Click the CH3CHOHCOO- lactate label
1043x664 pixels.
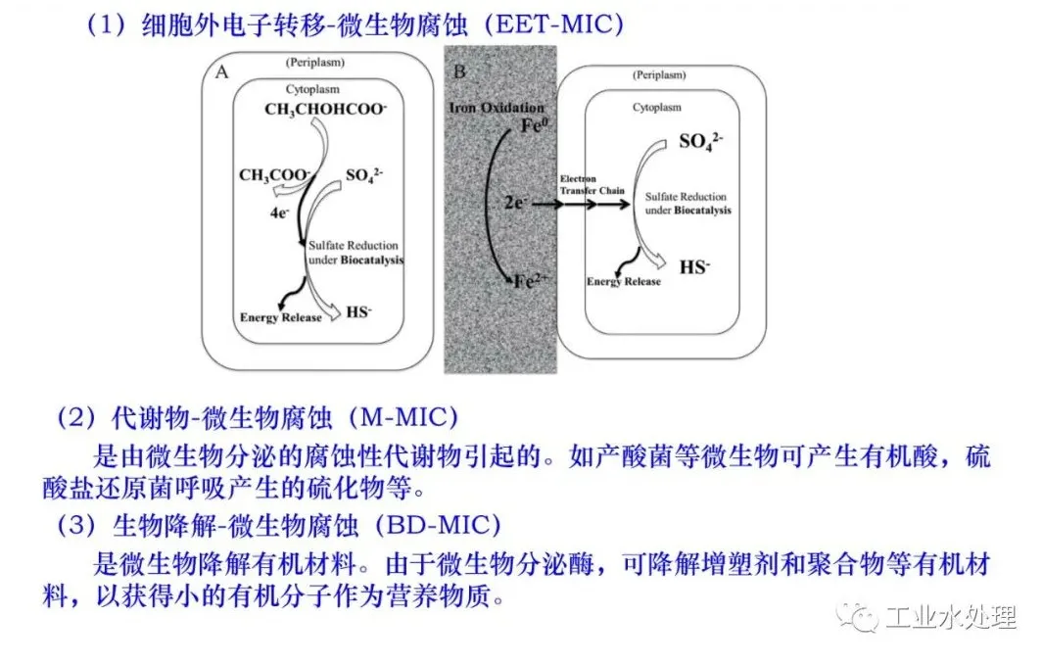pyautogui.click(x=325, y=109)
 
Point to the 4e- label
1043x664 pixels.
pyautogui.click(x=279, y=213)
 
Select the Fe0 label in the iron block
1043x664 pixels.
pyautogui.click(x=534, y=125)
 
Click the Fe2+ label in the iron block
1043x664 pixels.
pyautogui.click(x=530, y=281)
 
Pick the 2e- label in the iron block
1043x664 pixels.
pyautogui.click(x=514, y=203)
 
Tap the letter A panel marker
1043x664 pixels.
pyautogui.click(x=221, y=71)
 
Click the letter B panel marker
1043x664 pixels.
pyautogui.click(x=459, y=71)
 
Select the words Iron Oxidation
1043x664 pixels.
pyautogui.click(x=497, y=108)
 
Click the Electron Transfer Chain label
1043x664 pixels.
pyautogui.click(x=592, y=185)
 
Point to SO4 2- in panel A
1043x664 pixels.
pyautogui.click(x=364, y=175)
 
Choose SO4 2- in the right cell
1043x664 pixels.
pyautogui.click(x=700, y=142)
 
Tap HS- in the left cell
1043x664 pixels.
pyautogui.click(x=359, y=312)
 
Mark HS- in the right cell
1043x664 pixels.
pyautogui.click(x=695, y=266)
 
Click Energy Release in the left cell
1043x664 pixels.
pyautogui.click(x=281, y=317)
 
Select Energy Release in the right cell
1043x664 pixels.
pyautogui.click(x=624, y=281)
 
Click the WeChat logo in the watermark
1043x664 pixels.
pyautogui.click(x=858, y=618)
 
